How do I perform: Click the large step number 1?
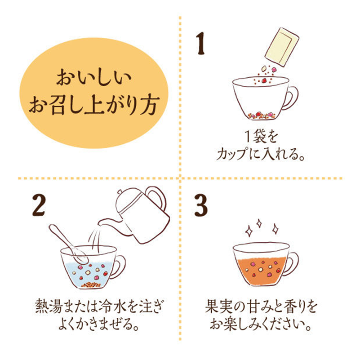tap(200, 44)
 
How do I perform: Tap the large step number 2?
tap(39, 205)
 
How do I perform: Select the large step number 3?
tap(201, 205)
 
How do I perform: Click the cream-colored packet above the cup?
tap(282, 47)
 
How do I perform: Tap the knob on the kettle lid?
tap(120, 192)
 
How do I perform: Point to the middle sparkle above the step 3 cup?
tap(259, 223)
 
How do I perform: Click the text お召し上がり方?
tap(94, 105)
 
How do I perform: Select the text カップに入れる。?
tap(260, 154)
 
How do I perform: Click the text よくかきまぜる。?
tap(99, 324)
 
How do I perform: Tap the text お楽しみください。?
tap(260, 324)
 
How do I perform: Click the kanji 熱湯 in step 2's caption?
tap(49, 307)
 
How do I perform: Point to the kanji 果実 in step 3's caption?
tap(219, 306)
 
